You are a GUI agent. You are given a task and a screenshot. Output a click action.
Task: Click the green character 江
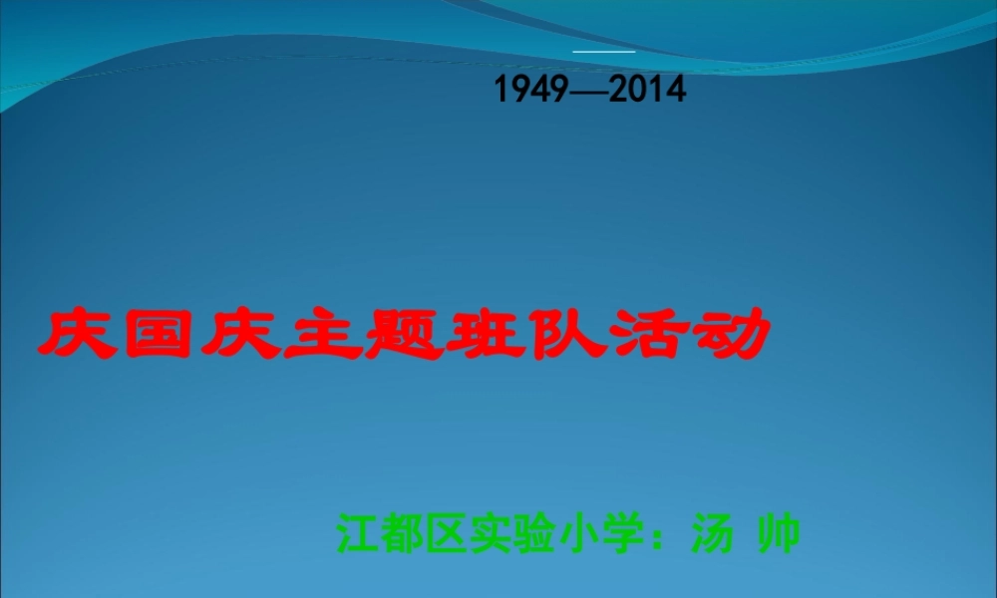[x=357, y=533]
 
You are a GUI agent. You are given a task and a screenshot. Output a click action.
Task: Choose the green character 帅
[x=779, y=533]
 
